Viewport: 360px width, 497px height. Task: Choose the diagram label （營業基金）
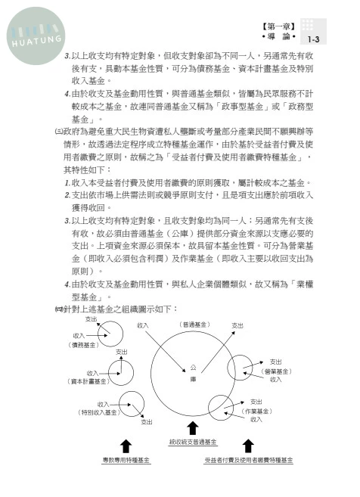coord(277,371)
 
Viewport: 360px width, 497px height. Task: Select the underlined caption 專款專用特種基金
coord(126,459)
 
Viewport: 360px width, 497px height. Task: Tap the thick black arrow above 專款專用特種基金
coord(126,446)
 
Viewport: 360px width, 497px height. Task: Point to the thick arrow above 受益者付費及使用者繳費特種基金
coord(248,446)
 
